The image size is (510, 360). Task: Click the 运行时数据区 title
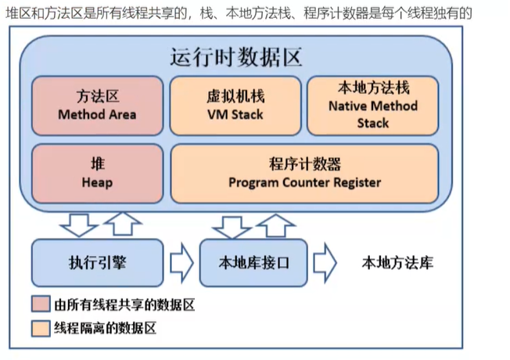click(x=235, y=57)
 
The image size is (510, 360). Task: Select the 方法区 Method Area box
click(x=97, y=105)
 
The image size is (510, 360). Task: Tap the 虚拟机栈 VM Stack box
click(x=235, y=105)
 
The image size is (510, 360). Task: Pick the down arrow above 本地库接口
click(x=232, y=225)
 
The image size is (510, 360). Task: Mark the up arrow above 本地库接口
click(x=274, y=225)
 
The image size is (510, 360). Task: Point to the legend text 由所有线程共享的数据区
click(x=124, y=304)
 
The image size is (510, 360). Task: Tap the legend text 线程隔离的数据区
click(x=106, y=327)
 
